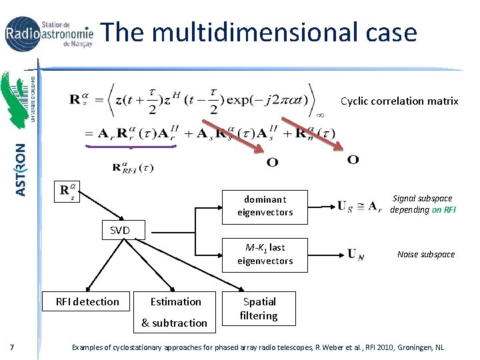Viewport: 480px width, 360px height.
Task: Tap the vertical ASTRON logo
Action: [x=21, y=169]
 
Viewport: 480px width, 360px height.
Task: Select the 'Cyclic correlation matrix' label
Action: [x=399, y=101]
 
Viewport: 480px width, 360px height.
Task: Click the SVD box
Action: [x=119, y=231]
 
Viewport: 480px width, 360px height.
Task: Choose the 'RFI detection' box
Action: [x=87, y=301]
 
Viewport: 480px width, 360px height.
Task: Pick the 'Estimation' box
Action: [x=175, y=301]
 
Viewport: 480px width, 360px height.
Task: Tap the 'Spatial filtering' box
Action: [x=259, y=309]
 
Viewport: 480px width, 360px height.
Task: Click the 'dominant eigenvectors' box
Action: [x=265, y=205]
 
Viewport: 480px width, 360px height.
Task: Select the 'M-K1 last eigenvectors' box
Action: [x=265, y=254]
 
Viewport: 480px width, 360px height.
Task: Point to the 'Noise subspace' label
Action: [x=426, y=254]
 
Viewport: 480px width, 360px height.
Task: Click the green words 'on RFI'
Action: [x=443, y=209]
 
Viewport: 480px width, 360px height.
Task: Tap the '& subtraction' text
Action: [x=174, y=323]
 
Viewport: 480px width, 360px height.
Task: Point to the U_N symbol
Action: [x=355, y=254]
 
